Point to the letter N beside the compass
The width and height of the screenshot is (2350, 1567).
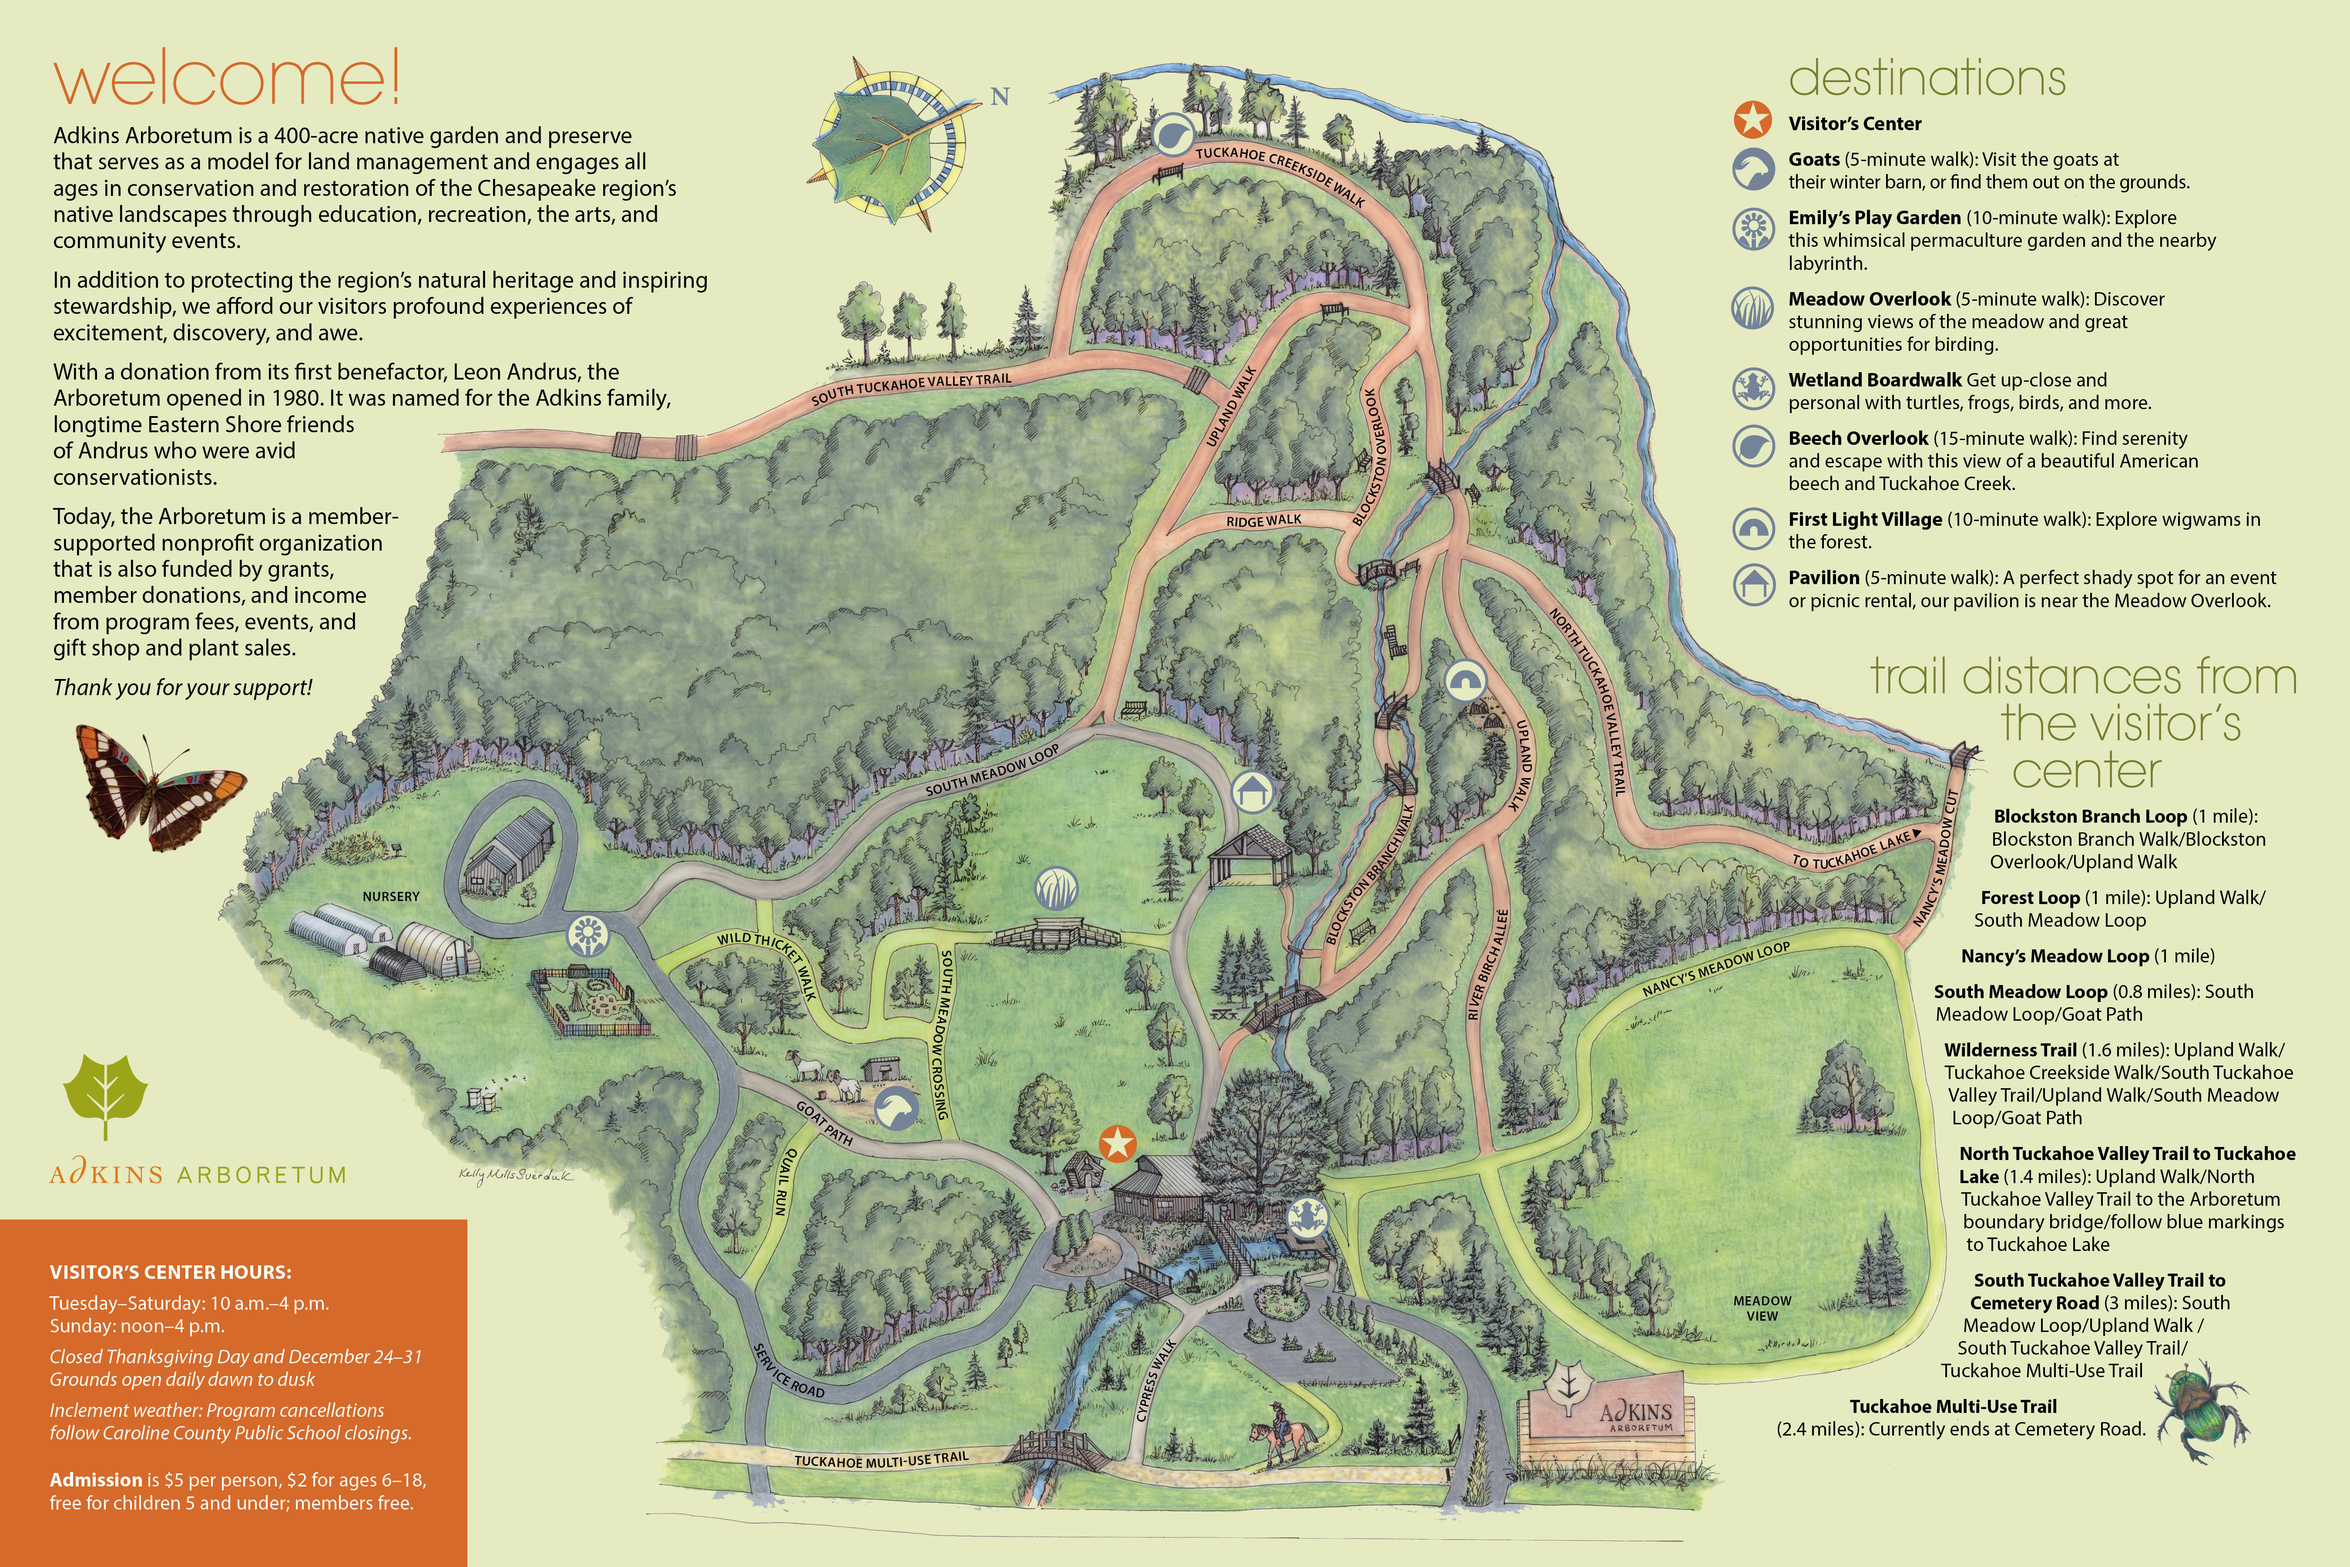tap(999, 97)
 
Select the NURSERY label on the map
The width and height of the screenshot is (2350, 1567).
tap(391, 896)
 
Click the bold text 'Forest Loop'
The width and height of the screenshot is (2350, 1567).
tap(2029, 898)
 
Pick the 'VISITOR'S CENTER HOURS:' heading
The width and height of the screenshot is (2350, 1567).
tap(171, 1272)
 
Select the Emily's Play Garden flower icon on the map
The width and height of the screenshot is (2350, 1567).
tap(587, 935)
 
